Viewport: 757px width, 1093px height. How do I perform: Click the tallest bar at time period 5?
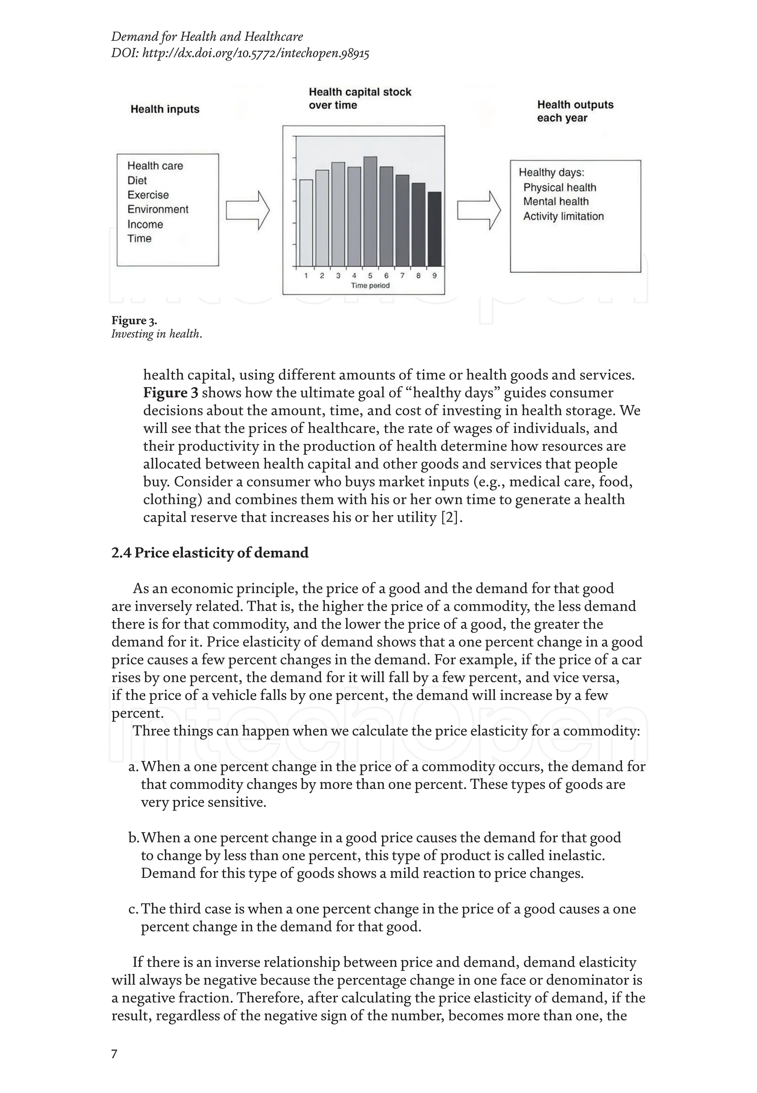click(370, 211)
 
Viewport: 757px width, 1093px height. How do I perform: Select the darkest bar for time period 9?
click(434, 229)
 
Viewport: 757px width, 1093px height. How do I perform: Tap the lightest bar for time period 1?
click(306, 223)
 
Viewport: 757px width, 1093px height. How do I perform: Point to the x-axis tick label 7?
click(402, 276)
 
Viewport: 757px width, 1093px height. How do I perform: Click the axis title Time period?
click(370, 286)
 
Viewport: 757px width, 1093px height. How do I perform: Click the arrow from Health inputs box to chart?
click(248, 211)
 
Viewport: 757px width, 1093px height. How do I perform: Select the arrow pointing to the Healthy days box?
click(479, 211)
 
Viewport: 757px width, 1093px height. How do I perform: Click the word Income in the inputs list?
click(145, 224)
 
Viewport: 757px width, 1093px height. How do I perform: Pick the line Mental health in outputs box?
click(556, 201)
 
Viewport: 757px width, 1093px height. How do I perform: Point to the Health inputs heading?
click(165, 109)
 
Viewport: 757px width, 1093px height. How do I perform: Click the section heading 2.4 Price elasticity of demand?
click(210, 553)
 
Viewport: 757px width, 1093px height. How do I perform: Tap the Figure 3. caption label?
click(134, 321)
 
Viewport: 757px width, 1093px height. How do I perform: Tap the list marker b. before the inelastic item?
click(134, 838)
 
